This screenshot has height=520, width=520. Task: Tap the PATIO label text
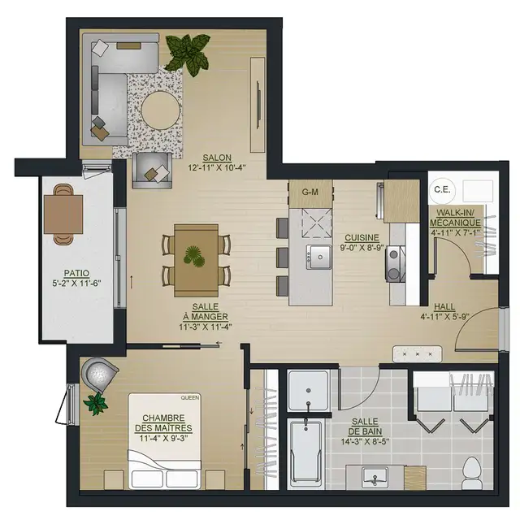(77, 273)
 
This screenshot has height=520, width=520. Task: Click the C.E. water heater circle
(443, 189)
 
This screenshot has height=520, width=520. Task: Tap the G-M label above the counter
(310, 193)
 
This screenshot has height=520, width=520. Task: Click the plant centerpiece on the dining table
(195, 255)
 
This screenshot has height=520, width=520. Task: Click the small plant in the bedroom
(95, 401)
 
